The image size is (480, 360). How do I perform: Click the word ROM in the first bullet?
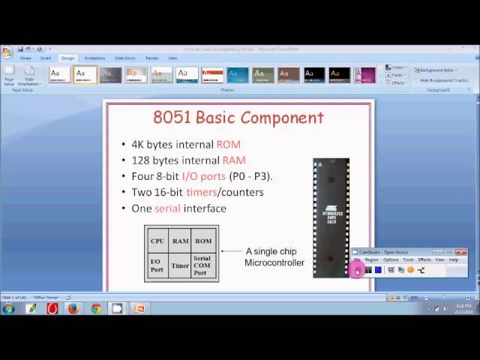[228, 144]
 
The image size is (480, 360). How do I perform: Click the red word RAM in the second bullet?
[234, 160]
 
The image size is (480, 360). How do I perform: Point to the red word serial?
[167, 208]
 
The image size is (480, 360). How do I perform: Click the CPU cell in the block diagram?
[157, 241]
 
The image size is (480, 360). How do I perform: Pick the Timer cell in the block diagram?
[180, 265]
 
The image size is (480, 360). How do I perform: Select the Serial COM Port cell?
[202, 265]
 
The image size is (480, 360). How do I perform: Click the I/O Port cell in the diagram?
[157, 265]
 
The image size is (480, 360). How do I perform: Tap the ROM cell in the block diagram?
[203, 241]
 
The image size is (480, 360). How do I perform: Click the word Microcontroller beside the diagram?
[274, 262]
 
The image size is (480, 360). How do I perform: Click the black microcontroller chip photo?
[331, 217]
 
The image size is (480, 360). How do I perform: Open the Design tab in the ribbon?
[67, 58]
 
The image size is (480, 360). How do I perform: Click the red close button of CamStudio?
[463, 252]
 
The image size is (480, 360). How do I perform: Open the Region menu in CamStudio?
[372, 259]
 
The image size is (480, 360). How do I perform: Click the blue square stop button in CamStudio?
[378, 270]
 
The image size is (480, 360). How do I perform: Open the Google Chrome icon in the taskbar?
[96, 308]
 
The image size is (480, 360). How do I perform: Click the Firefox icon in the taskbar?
[73, 308]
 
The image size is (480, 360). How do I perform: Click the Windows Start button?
[8, 308]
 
